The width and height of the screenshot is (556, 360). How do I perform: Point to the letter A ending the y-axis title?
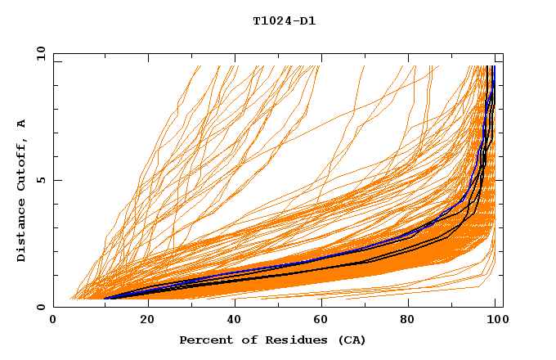pyautogui.click(x=22, y=123)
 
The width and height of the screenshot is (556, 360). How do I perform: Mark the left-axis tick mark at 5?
pyautogui.click(x=56, y=180)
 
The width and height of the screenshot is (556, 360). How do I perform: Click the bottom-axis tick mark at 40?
pyautogui.click(x=235, y=304)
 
